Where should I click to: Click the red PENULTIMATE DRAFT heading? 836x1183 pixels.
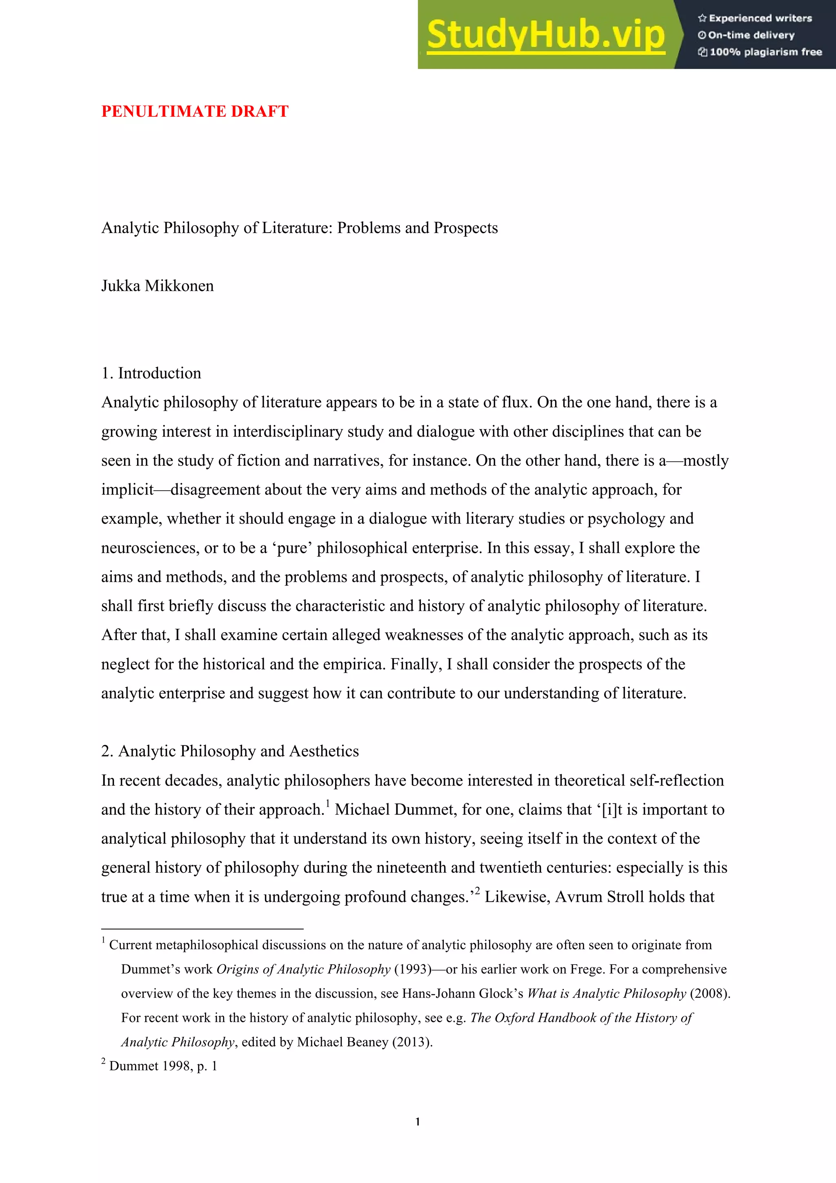pyautogui.click(x=195, y=111)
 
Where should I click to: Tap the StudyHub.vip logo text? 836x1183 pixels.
pyautogui.click(x=545, y=35)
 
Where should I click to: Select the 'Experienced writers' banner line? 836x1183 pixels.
pyautogui.click(x=755, y=18)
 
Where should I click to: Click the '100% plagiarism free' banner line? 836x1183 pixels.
pyautogui.click(x=760, y=52)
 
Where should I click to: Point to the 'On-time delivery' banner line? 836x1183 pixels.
pyautogui.click(x=746, y=35)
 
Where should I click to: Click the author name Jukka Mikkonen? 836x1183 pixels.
pyautogui.click(x=157, y=286)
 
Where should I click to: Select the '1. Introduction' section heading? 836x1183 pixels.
pyautogui.click(x=151, y=373)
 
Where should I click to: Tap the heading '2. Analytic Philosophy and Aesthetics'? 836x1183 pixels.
pyautogui.click(x=230, y=751)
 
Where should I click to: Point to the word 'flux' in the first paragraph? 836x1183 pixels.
pyautogui.click(x=515, y=402)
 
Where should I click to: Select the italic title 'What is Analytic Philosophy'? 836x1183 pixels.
pyautogui.click(x=606, y=994)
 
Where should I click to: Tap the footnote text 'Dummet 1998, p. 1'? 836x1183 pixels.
pyautogui.click(x=163, y=1066)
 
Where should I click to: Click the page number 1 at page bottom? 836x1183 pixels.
pyautogui.click(x=418, y=1122)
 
